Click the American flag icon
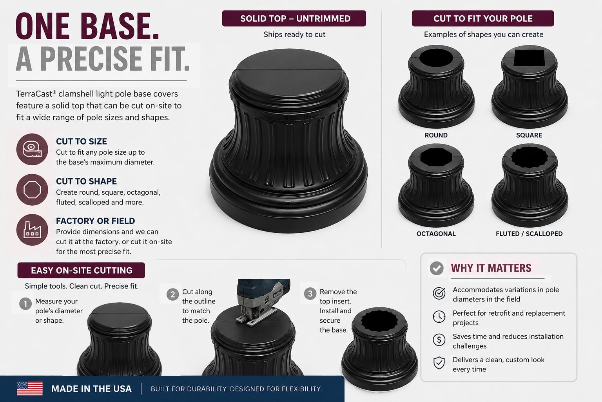coord(30,389)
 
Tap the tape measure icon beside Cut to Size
coord(32,150)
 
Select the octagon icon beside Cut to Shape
coord(32,190)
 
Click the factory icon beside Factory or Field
coord(32,230)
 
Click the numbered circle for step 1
coord(25,304)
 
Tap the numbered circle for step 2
coord(172,294)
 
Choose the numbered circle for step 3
coord(310,294)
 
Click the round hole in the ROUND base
coord(436,58)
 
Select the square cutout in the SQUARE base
coord(529,58)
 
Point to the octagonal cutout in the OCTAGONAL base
coord(436,157)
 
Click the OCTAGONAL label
coord(436,234)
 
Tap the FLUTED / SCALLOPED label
coord(529,234)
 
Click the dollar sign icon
coord(439,340)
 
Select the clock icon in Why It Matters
coord(439,317)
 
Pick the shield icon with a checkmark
coord(439,363)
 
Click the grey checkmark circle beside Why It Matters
coord(437,268)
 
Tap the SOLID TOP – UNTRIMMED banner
coord(294,18)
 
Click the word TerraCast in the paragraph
coord(34,94)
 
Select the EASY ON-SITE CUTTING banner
coord(81,270)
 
